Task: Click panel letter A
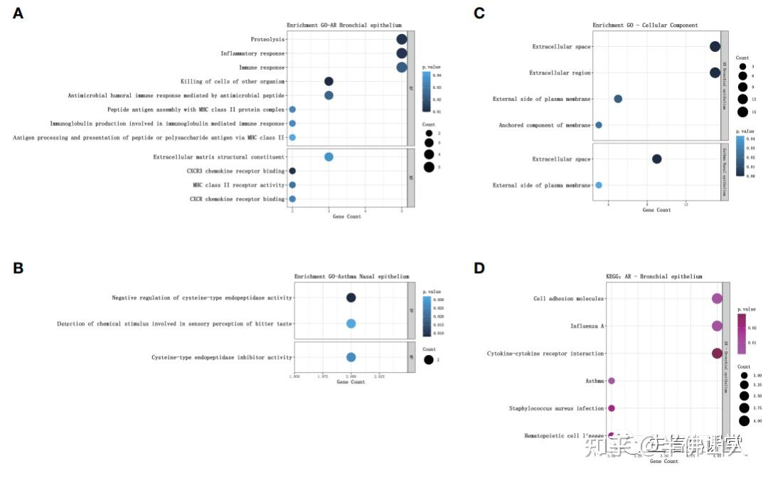[18, 14]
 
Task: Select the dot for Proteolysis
[401, 40]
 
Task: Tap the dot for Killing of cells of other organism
[329, 82]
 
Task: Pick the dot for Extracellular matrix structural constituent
[329, 157]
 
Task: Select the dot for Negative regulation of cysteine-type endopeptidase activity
[351, 298]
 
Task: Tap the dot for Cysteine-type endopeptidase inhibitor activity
[351, 357]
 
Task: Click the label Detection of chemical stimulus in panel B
[174, 324]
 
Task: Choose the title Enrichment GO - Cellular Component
[645, 26]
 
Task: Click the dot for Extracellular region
[715, 73]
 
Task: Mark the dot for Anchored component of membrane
[599, 125]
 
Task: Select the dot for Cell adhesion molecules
[717, 299]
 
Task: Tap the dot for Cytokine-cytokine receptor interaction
[717, 354]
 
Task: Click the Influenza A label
[587, 326]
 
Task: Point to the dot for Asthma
[612, 381]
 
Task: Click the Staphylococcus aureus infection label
[557, 408]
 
